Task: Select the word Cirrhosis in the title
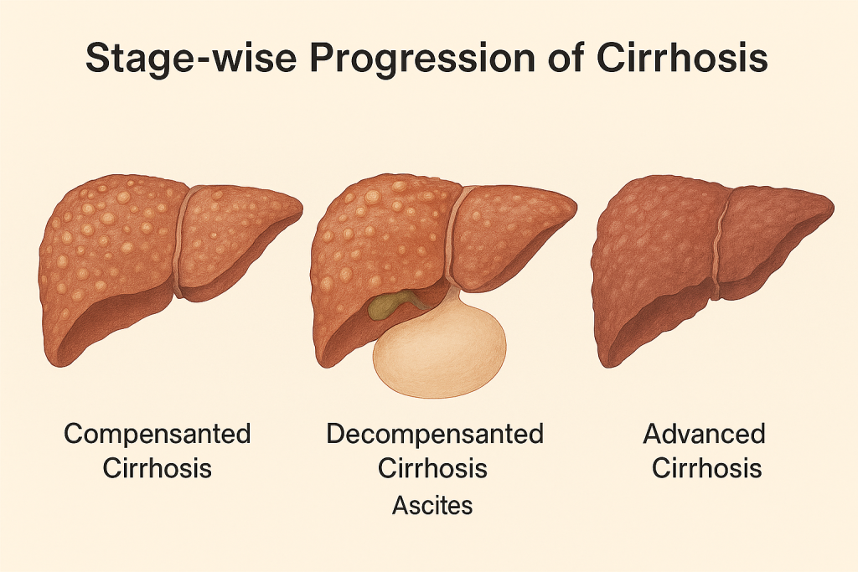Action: (x=682, y=57)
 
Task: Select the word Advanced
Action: (x=704, y=434)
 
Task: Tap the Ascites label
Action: (x=432, y=505)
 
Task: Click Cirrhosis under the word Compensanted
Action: (x=157, y=468)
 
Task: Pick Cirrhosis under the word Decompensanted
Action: (x=432, y=468)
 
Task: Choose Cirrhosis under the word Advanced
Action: (x=706, y=468)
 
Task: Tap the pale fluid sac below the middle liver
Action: (x=439, y=350)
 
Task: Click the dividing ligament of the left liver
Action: (x=181, y=240)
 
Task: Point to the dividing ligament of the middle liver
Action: (x=453, y=235)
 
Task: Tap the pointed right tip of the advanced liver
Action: (x=834, y=209)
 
